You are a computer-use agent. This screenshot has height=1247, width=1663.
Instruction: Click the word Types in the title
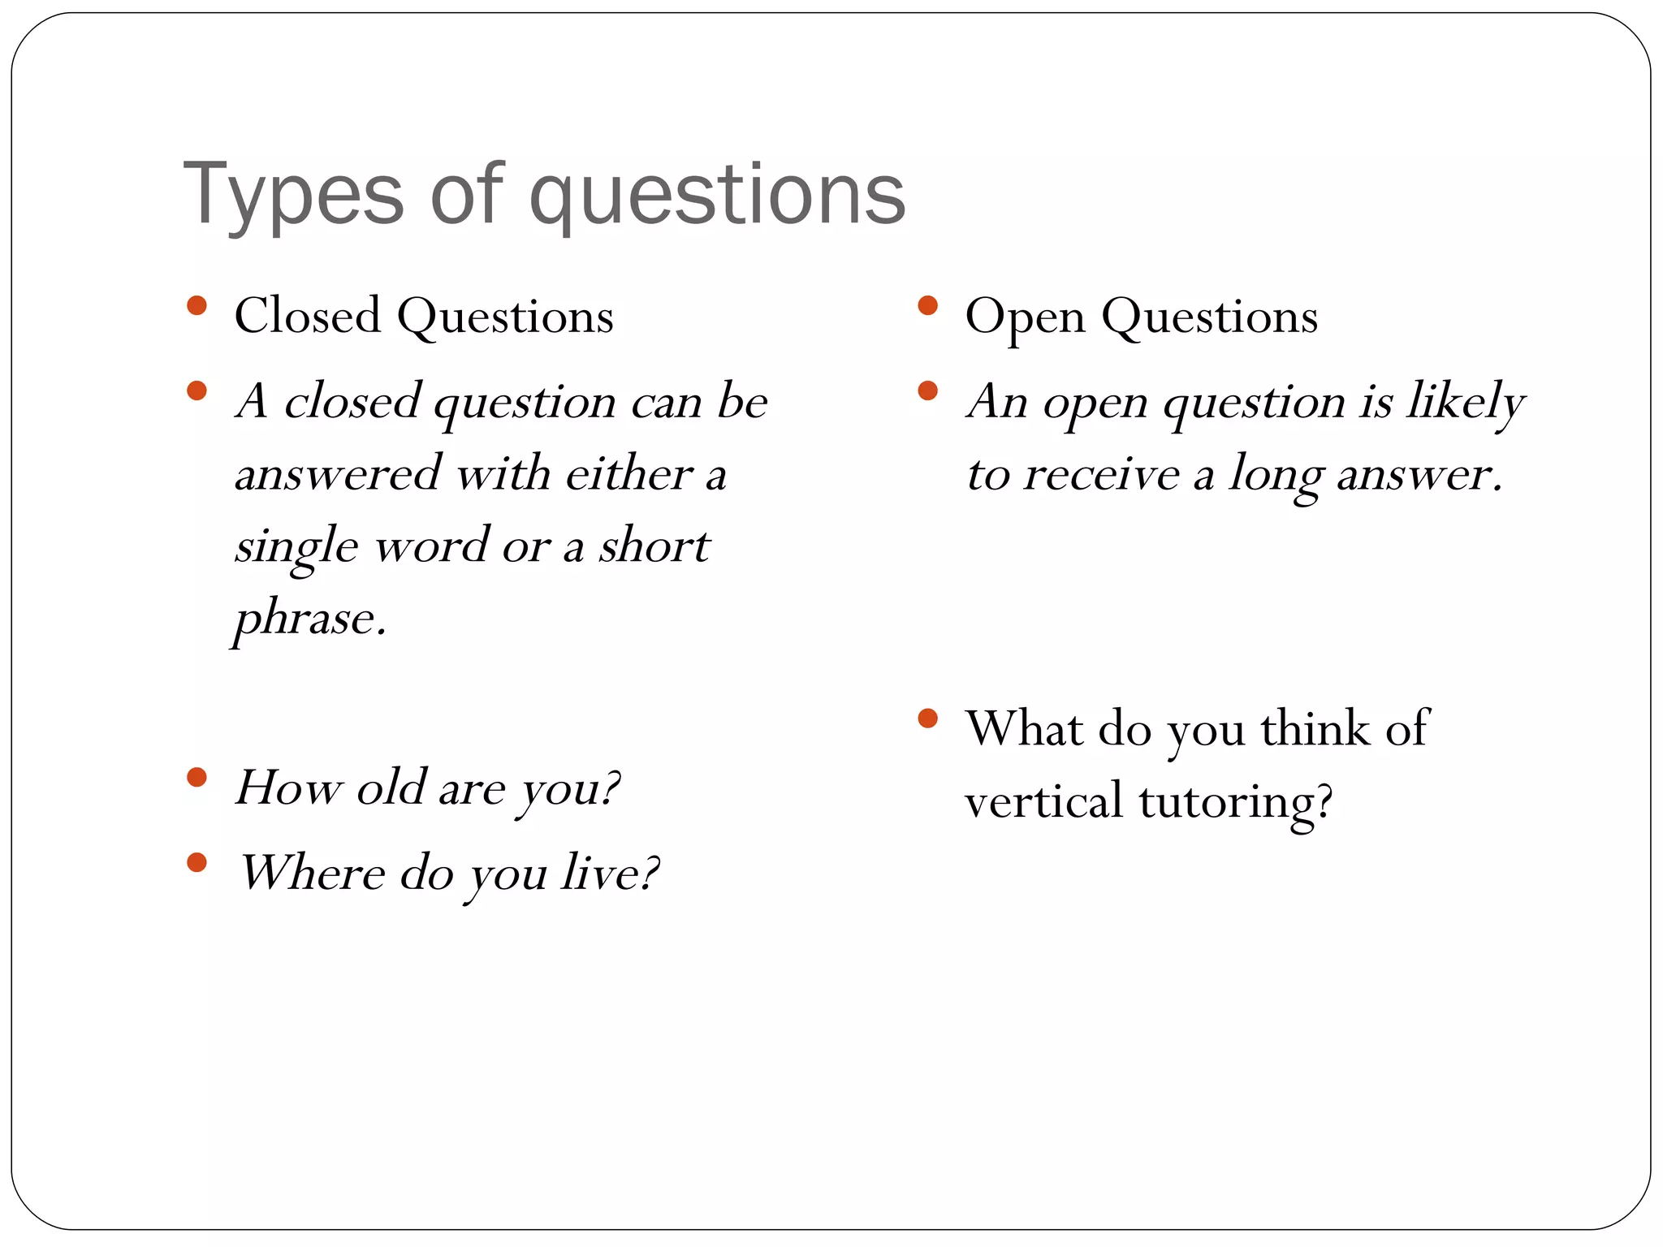coord(293,195)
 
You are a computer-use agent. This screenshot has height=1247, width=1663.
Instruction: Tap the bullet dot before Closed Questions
coord(197,306)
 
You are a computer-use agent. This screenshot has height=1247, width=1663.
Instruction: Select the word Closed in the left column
coord(307,316)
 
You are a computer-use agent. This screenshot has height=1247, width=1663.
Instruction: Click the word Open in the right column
coord(1025,317)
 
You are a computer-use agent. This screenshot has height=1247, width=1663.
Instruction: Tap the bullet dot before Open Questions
coord(927,306)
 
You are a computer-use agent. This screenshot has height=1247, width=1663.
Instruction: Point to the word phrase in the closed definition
coord(309,619)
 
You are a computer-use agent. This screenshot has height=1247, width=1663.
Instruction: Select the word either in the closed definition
coord(628,473)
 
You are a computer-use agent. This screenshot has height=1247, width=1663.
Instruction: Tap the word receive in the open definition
coord(1101,475)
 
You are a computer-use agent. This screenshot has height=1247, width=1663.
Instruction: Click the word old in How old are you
coord(391,787)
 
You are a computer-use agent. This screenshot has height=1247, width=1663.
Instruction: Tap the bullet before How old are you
coord(197,778)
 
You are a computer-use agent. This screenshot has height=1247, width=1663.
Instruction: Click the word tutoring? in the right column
coord(1236,802)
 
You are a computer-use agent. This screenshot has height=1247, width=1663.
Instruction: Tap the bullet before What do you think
coord(927,718)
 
